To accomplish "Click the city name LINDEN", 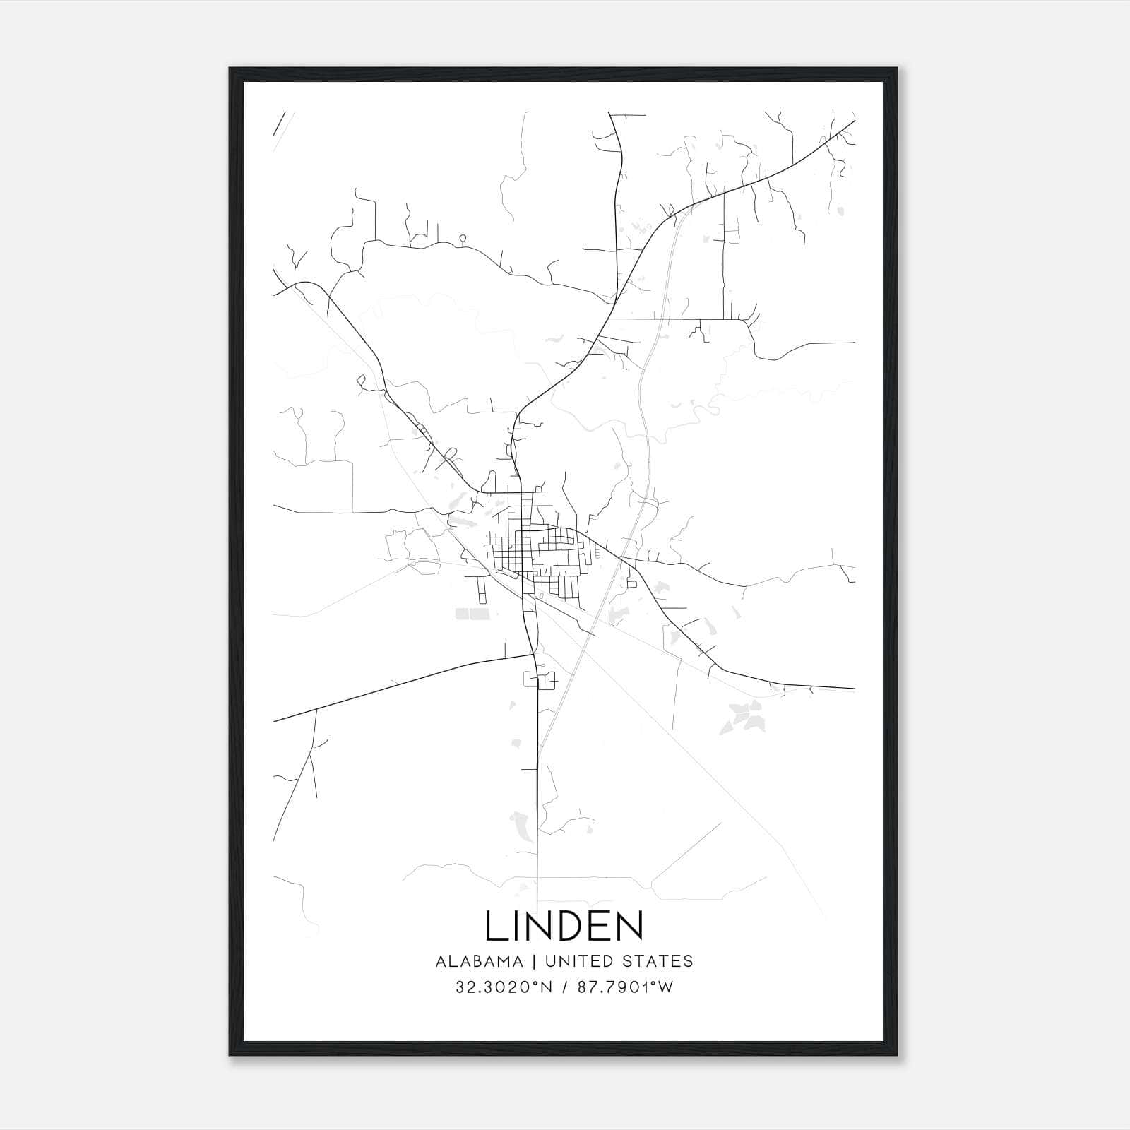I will point(564,926).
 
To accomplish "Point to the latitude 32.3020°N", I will point(504,987).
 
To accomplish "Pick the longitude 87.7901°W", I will point(625,987).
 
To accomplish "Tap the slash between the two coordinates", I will point(565,987).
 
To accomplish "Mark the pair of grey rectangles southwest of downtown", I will point(472,614).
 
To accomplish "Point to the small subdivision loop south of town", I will point(540,680).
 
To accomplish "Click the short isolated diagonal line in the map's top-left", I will point(278,124).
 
